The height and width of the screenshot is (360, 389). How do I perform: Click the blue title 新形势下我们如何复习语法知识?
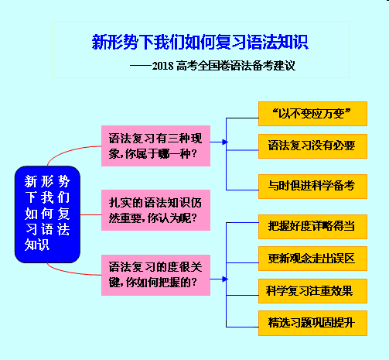coord(200,41)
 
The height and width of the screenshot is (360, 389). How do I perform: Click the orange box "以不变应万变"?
coord(312,115)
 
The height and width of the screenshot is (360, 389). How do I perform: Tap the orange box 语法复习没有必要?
coord(312,145)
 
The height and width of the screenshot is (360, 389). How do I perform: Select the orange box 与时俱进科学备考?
coord(312,185)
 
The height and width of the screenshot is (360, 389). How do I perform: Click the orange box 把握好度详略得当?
coord(312,225)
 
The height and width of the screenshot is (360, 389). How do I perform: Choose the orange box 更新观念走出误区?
coord(312,258)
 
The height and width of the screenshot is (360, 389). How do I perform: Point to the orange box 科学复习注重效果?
coord(312,290)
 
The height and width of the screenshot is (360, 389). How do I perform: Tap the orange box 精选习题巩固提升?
coord(312,322)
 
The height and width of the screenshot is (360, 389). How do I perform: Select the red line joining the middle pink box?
coord(90,210)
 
